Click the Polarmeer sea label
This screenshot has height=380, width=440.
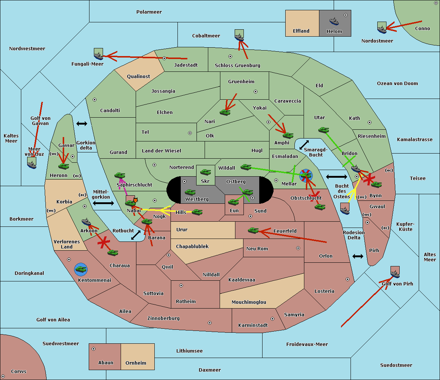(149, 12)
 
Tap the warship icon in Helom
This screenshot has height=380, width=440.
(334, 21)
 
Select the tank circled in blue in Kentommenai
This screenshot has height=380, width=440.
(81, 269)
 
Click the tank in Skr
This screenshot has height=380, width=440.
(205, 172)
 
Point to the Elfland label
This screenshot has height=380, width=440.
(301, 31)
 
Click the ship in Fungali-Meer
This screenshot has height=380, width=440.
(98, 54)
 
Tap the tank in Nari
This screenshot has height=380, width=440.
(225, 112)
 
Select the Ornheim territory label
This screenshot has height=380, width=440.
(136, 363)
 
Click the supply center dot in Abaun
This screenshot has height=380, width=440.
(93, 349)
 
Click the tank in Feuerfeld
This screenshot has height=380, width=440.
(253, 230)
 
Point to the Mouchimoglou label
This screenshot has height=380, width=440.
(249, 302)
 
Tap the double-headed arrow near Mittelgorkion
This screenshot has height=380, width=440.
(103, 203)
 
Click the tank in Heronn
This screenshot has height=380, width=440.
(63, 166)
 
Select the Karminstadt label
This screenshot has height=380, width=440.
(253, 325)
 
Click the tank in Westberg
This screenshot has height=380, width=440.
(190, 192)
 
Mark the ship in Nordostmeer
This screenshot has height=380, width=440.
(382, 27)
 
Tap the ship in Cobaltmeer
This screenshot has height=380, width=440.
(239, 36)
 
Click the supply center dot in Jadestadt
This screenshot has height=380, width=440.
(164, 58)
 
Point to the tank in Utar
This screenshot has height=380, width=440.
(323, 130)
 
